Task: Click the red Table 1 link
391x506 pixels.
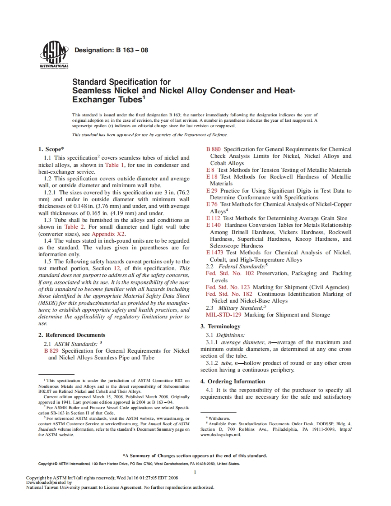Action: point(114,165)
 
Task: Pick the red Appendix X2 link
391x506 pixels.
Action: point(108,234)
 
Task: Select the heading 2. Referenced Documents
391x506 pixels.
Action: point(72,335)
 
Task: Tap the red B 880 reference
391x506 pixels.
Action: point(214,149)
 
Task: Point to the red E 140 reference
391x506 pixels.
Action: point(214,225)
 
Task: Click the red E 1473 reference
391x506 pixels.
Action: point(215,253)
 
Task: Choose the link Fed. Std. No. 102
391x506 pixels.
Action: point(230,273)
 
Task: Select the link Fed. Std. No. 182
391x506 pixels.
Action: point(229,294)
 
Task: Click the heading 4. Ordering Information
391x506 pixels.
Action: point(233,382)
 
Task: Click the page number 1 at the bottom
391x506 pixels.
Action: point(195,473)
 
